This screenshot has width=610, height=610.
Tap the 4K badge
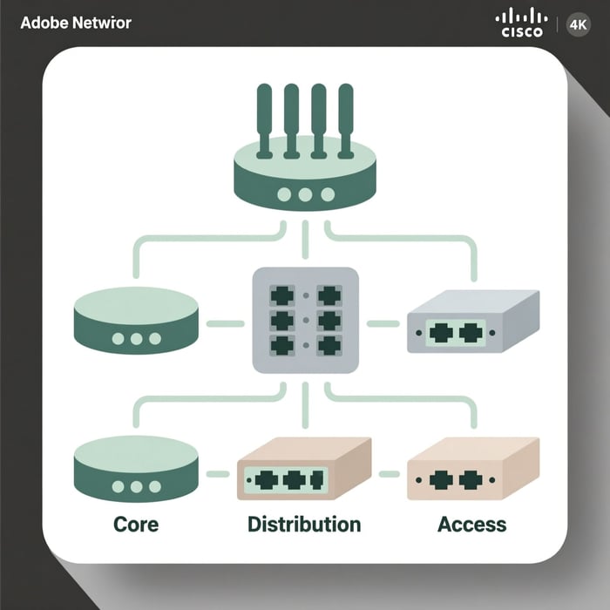[577, 24]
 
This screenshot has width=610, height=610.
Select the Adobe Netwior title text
[75, 22]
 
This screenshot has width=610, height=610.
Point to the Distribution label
[303, 525]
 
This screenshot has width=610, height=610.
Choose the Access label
[471, 525]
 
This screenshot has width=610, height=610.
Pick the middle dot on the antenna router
[304, 194]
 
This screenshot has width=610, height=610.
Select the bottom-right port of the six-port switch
[329, 344]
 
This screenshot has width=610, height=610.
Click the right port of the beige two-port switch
[471, 478]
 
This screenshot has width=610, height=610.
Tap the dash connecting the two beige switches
[389, 475]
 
